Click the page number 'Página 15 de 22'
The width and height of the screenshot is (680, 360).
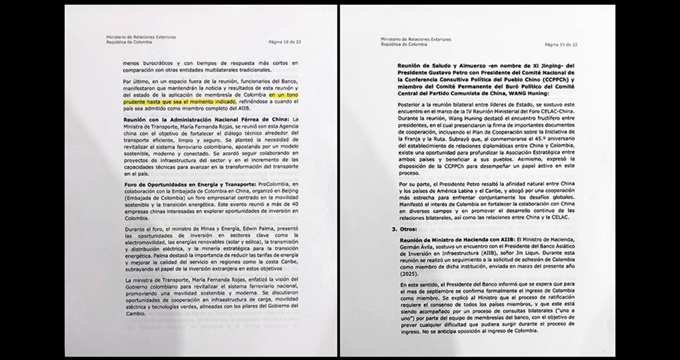point(560,45)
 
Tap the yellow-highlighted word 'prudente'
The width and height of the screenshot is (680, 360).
point(137,100)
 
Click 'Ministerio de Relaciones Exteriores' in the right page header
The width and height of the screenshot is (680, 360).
point(416,39)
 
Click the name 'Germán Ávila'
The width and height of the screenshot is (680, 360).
point(414,246)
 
